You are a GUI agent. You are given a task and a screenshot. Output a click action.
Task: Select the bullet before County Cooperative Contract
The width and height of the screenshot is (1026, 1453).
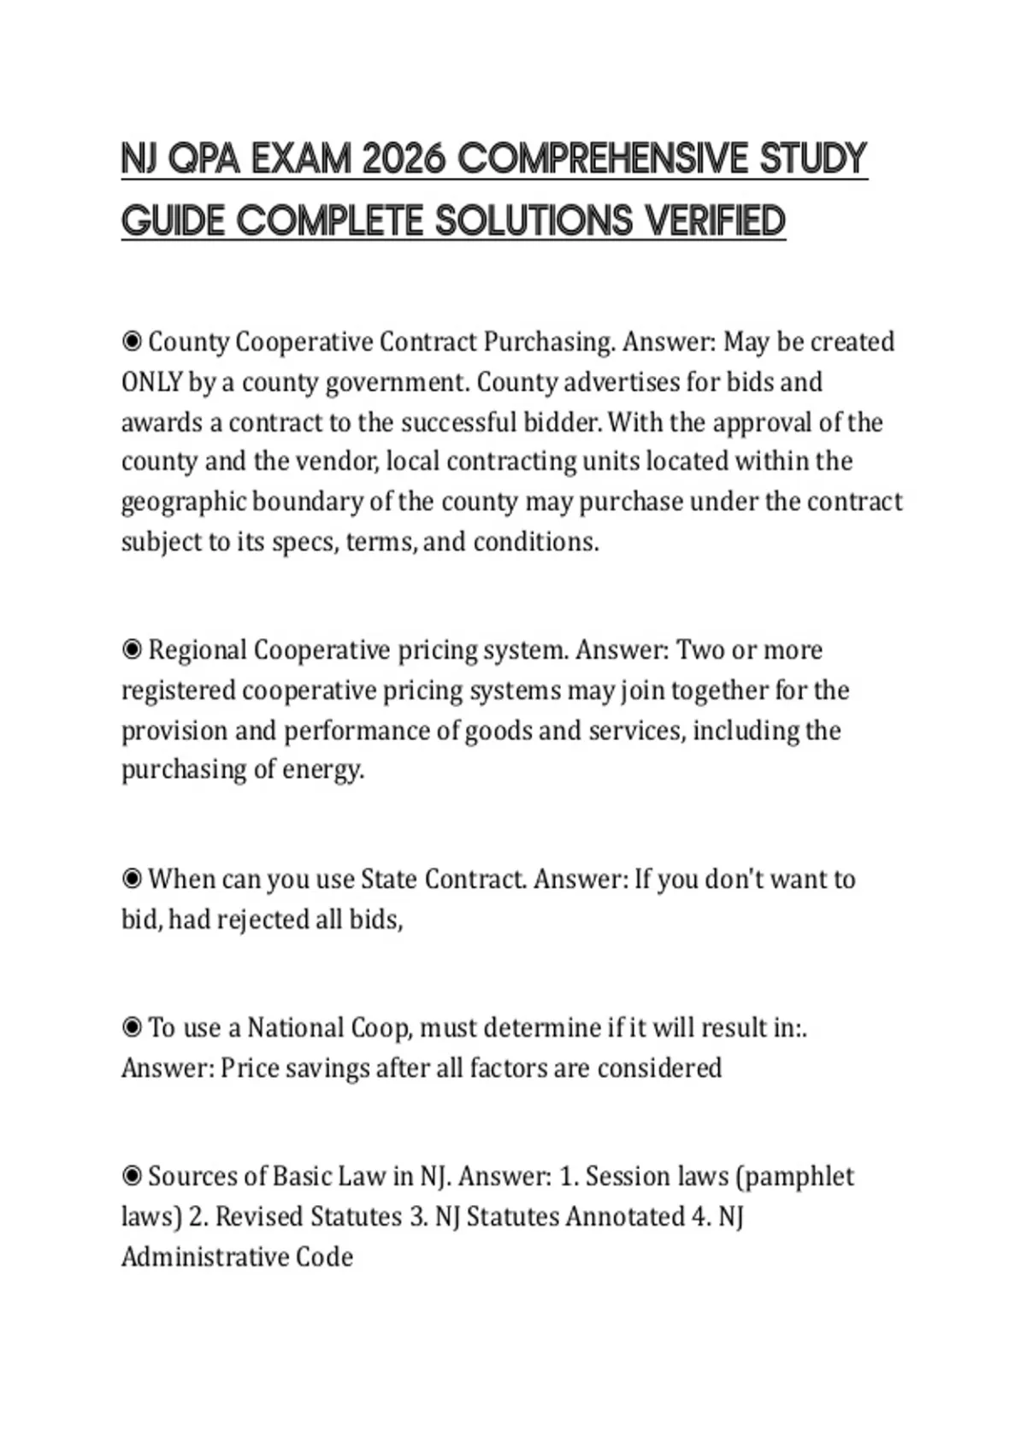tap(132, 342)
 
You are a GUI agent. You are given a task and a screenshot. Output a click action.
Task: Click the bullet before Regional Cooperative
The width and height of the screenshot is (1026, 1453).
tap(132, 650)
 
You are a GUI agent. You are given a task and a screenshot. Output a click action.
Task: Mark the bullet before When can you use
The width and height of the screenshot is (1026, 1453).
tap(132, 879)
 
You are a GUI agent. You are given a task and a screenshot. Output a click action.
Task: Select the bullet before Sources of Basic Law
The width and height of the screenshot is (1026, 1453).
tap(132, 1177)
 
